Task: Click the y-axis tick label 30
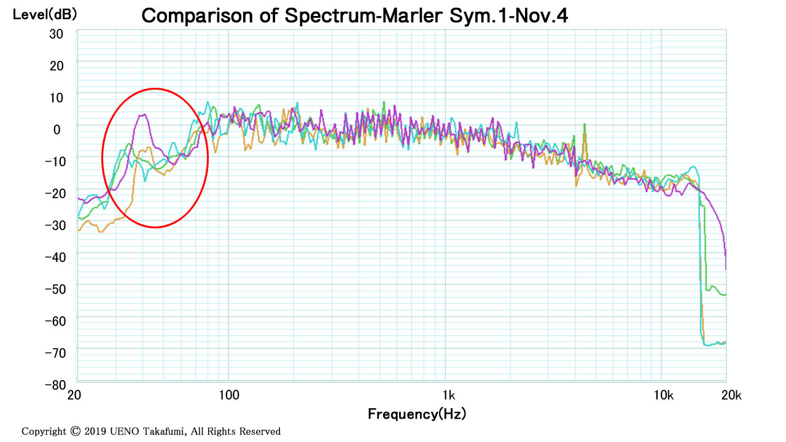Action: pos(56,34)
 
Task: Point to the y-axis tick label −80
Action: pos(55,385)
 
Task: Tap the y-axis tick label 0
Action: pos(57,130)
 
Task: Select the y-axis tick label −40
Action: pos(55,257)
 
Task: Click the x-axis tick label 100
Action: pos(229,395)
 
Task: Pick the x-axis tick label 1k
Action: pos(449,395)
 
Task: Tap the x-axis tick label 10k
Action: pos(664,395)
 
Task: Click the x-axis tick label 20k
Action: pos(731,395)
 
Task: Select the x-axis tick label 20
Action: pos(74,395)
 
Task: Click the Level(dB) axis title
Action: pos(45,14)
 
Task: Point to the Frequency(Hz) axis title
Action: pos(417,414)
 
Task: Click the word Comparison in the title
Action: pos(198,16)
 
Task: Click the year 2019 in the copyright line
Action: pos(95,431)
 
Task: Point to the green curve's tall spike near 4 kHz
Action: pos(585,124)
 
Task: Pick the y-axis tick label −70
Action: pos(55,353)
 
